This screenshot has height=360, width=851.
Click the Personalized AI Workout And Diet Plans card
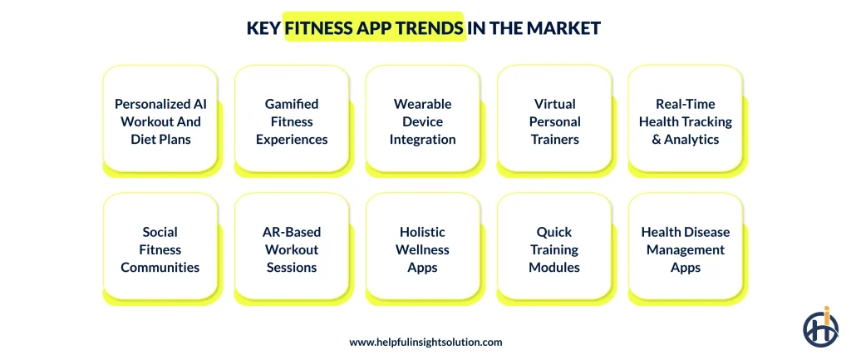pos(160,121)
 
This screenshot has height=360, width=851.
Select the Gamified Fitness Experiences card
pos(292,121)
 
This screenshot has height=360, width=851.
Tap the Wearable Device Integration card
pos(423,121)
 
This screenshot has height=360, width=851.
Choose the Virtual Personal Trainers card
pos(554,121)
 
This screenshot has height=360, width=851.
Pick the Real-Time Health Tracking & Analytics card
pos(686,121)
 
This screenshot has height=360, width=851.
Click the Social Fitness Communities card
pos(160,249)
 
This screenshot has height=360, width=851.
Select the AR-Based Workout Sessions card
pos(292,249)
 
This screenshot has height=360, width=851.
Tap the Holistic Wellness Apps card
pos(423,249)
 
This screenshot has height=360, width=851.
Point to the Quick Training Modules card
pos(554,249)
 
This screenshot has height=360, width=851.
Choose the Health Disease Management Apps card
pos(686,249)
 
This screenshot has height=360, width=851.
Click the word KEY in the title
pos(263,28)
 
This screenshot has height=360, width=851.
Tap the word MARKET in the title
pos(568,28)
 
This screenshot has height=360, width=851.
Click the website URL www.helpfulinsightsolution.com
pos(425,342)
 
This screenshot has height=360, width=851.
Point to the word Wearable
pos(423,104)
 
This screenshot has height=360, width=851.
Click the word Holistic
pos(423,232)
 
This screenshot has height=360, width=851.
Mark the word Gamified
pos(292,104)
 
